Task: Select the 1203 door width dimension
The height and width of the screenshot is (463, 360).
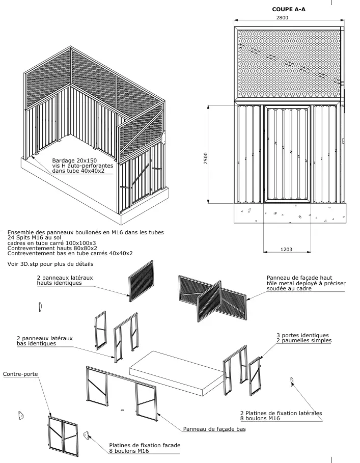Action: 286,249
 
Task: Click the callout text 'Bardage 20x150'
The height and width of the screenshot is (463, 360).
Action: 74,160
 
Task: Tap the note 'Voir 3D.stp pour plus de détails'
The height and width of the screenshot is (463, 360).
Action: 51,264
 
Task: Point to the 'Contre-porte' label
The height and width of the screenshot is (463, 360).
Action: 20,374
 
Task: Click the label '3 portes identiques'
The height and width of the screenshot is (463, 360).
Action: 302,335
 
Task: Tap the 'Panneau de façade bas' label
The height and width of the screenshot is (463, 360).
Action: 214,429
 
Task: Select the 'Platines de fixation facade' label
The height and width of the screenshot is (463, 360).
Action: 145,445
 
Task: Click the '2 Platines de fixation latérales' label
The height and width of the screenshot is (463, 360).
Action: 281,413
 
